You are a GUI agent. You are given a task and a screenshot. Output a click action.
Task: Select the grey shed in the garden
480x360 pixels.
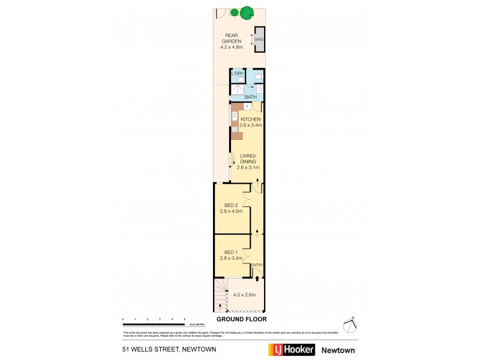click(259, 40)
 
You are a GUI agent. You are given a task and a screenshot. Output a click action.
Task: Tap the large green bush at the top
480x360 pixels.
click(244, 11)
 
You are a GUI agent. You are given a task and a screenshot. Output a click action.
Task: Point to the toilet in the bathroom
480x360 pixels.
click(257, 77)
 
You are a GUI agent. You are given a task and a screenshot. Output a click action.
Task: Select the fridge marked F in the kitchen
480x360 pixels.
click(247, 107)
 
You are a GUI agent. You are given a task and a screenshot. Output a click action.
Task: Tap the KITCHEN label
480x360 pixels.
click(250, 119)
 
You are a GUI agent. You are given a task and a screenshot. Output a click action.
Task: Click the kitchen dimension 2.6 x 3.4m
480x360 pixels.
click(250, 125)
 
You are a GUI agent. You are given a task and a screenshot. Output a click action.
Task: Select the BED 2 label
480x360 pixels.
click(232, 205)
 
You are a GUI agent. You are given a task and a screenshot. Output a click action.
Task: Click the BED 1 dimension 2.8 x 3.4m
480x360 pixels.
click(232, 258)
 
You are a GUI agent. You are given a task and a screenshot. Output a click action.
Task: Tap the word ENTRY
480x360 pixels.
click(257, 265)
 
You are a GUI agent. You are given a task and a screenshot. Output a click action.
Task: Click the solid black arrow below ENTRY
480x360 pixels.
click(257, 277)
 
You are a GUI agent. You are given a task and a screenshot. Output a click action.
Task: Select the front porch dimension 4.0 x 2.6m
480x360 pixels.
click(244, 295)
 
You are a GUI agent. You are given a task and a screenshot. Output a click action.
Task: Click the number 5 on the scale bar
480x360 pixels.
click(184, 319)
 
